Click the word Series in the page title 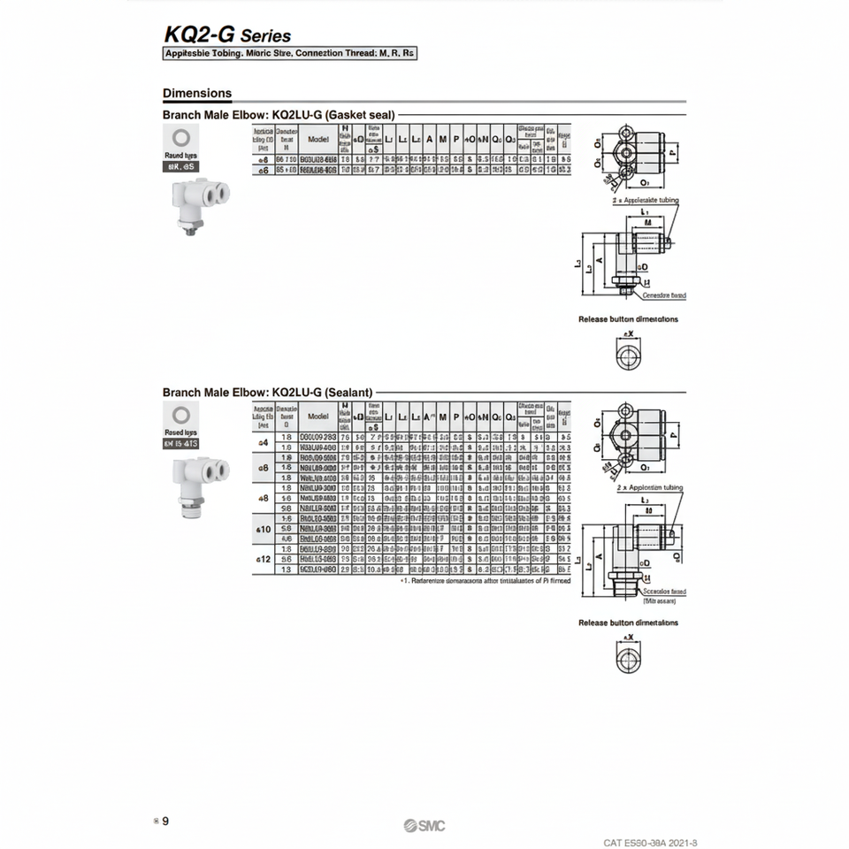[265, 36]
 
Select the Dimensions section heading [197, 93]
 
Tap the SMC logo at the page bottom [424, 825]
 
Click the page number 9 [165, 821]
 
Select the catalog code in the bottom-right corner [656, 843]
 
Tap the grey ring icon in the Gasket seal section [180, 137]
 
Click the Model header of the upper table [318, 139]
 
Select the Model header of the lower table [318, 416]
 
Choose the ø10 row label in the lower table [263, 528]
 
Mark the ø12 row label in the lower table [263, 560]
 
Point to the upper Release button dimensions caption [628, 319]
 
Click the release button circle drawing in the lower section [629, 656]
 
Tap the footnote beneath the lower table [485, 581]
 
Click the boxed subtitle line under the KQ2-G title [289, 54]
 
